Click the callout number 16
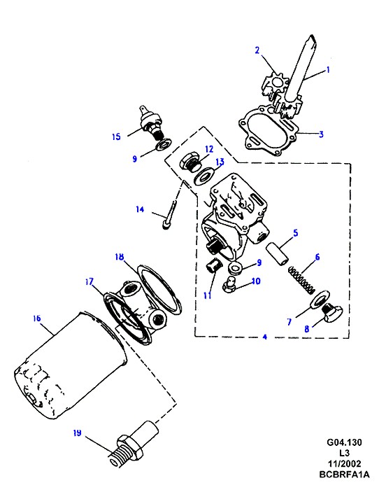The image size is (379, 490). pos(36,318)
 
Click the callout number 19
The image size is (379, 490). pos(77,433)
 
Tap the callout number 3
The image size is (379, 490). pos(321,134)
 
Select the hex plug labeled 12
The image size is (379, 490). pos(189,162)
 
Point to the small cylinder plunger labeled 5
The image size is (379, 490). pos(277,254)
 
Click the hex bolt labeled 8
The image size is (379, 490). pos(332,312)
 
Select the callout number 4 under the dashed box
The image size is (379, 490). pos(265,337)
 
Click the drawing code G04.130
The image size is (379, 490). pos(344,442)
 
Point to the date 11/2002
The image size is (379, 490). pos(344,463)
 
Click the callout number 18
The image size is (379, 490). pos(120,257)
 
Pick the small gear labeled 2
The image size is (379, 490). pos(275,83)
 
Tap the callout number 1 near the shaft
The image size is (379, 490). pos(328,69)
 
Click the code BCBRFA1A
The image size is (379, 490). pos(344,474)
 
